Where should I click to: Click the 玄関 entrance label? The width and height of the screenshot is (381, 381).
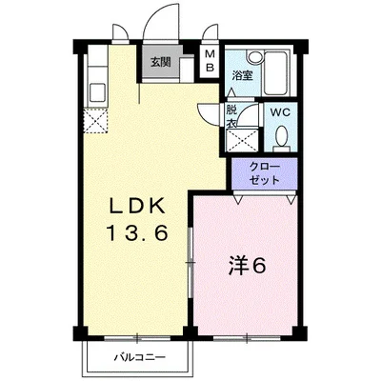[x=161, y=62]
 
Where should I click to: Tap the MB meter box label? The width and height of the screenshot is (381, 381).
[x=209, y=61]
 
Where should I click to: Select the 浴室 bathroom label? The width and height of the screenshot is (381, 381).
[x=242, y=76]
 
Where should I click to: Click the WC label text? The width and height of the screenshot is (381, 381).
[x=280, y=112]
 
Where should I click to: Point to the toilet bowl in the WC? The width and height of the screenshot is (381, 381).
[x=281, y=137]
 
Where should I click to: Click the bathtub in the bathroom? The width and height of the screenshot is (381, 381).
[x=276, y=72]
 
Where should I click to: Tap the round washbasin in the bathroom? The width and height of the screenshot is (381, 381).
[x=255, y=57]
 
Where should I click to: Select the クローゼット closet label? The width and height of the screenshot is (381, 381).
[x=265, y=173]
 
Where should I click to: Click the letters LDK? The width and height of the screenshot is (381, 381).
[x=137, y=207]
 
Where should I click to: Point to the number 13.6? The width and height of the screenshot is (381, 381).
[x=137, y=234]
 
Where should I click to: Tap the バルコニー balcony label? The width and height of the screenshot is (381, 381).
[x=140, y=358]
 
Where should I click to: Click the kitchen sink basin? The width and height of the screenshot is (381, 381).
[x=97, y=91]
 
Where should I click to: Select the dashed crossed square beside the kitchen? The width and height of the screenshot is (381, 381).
[x=95, y=121]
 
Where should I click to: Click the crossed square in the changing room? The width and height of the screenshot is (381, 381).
[x=241, y=140]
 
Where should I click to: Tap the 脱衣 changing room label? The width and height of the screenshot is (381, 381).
[x=231, y=116]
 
